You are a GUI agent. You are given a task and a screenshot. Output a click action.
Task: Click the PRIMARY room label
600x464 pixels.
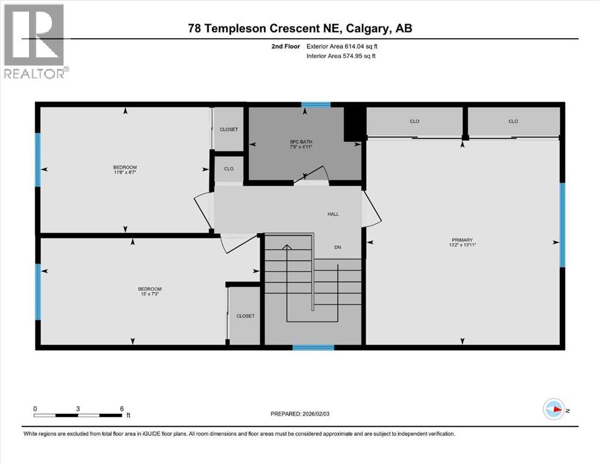coord(465,239)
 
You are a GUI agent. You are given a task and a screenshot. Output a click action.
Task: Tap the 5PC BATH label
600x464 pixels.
coord(300,143)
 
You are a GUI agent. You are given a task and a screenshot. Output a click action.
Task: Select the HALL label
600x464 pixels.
coord(334,214)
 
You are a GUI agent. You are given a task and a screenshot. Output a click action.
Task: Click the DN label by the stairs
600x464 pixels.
coord(338,246)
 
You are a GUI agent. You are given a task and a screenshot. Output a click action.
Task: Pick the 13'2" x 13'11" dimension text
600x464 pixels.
coord(465,245)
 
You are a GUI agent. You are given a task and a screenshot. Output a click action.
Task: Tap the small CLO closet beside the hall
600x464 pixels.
coord(228,169)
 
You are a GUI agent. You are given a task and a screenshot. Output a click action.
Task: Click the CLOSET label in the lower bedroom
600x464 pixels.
coord(245,316)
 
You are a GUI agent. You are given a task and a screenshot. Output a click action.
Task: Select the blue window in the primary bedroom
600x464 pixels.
coord(562,225)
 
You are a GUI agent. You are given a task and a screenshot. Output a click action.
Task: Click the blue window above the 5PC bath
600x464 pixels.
coord(316,105)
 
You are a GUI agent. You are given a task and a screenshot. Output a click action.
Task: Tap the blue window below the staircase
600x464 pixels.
coord(313,347)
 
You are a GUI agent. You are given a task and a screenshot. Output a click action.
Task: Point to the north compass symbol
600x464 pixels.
coord(553,410)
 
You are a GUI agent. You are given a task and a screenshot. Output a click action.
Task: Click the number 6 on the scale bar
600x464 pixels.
coord(121,408)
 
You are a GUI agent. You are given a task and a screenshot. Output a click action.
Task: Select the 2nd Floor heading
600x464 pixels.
coord(287,46)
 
